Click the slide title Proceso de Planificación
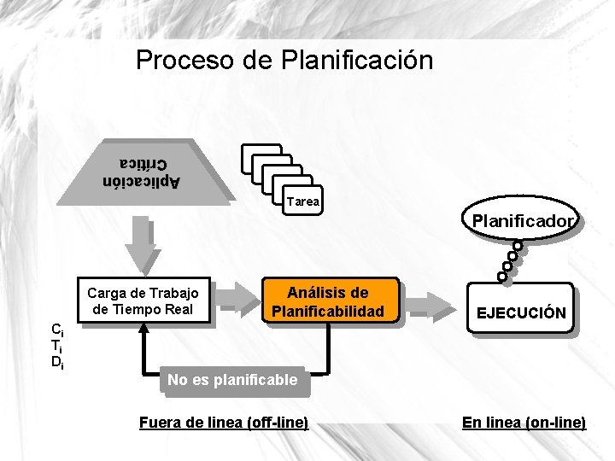pos(284,61)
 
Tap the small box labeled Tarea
pos(303,202)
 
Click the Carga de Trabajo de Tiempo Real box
pos(144,301)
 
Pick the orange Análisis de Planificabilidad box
pos(328,301)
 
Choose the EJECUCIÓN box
pos(520,312)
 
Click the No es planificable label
pos(232,380)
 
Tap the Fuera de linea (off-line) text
pos(223,423)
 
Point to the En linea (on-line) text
pos(524,423)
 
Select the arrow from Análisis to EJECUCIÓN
pos(431,303)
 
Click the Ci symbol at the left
pos(56,330)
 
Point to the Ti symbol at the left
pos(56,346)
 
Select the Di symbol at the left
pos(56,362)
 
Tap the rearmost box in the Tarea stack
pos(261,155)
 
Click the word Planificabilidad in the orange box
pos(328,312)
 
